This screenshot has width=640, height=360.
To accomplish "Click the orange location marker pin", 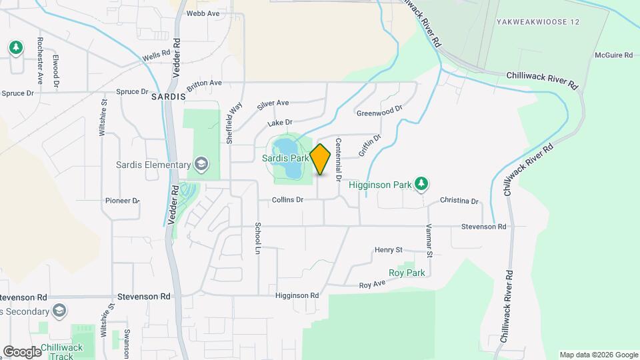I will pyautogui.click(x=321, y=159).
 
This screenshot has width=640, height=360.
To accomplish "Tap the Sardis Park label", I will pyautogui.click(x=285, y=159).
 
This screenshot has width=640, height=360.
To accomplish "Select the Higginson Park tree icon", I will pyautogui.click(x=421, y=183).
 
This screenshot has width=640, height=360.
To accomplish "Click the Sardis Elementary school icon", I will pyautogui.click(x=200, y=165).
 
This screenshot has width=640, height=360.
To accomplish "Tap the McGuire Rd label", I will pyautogui.click(x=613, y=55).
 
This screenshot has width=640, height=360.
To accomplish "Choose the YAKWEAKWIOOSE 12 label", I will pyautogui.click(x=538, y=22).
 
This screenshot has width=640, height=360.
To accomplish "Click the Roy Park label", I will pyautogui.click(x=407, y=273).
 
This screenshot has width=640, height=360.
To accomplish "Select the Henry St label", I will pyautogui.click(x=389, y=250).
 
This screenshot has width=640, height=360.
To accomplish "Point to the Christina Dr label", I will pyautogui.click(x=459, y=201).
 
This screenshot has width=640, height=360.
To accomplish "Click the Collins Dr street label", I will pyautogui.click(x=288, y=200).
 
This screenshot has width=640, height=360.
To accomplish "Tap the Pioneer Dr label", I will pyautogui.click(x=122, y=200).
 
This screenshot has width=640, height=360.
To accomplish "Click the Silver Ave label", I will pyautogui.click(x=273, y=103).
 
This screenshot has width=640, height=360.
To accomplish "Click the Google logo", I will pyautogui.click(x=22, y=351).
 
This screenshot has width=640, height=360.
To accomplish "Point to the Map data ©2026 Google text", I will pyautogui.click(x=598, y=355).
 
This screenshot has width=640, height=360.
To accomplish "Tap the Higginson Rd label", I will pyautogui.click(x=297, y=295).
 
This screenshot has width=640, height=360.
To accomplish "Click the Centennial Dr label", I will pyautogui.click(x=339, y=160).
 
